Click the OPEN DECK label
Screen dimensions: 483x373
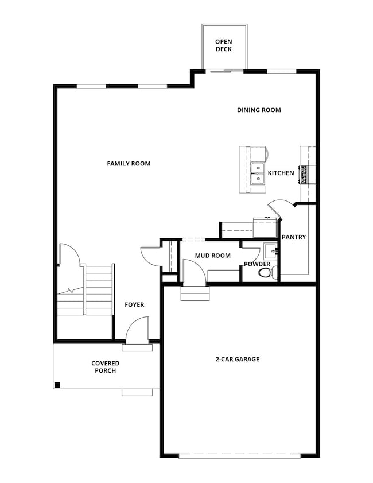[224, 45]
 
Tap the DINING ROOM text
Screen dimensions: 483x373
[259, 110]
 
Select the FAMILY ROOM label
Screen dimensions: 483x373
[129, 164]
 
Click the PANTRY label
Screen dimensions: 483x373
[294, 237]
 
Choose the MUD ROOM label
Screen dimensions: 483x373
[213, 256]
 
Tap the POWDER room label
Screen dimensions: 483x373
[257, 264]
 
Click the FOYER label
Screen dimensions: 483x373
[134, 304]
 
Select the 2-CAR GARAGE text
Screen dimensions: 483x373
[238, 359]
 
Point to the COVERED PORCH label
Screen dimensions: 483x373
[105, 367]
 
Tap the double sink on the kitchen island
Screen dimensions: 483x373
[258, 173]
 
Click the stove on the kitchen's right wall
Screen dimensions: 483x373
[305, 173]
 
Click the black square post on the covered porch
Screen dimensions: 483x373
[57, 385]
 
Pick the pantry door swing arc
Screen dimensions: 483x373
[280, 207]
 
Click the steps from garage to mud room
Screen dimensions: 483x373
[195, 294]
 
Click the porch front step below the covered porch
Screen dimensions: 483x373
[138, 392]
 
